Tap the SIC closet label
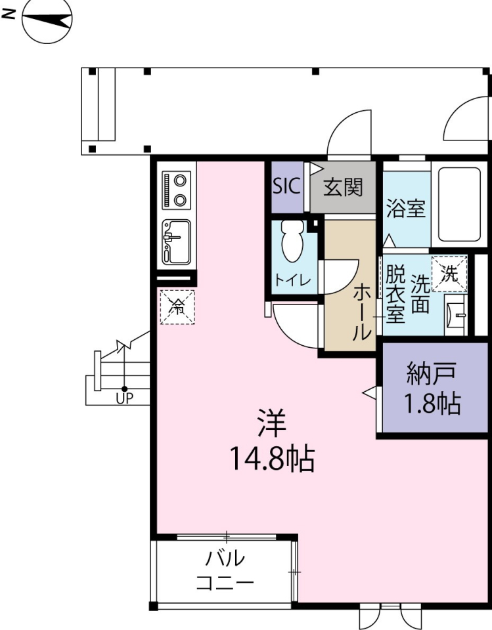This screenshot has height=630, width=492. pyautogui.click(x=286, y=186)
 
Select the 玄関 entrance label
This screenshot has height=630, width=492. pyautogui.click(x=342, y=188)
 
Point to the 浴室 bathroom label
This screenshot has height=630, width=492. pyautogui.click(x=405, y=209)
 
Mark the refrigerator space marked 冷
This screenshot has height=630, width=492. pyautogui.click(x=177, y=306)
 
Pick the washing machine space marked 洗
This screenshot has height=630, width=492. pyautogui.click(x=449, y=273)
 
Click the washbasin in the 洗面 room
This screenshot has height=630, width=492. pyautogui.click(x=456, y=315)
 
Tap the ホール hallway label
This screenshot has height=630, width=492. pyautogui.click(x=362, y=312)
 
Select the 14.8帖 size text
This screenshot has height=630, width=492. pyautogui.click(x=271, y=459)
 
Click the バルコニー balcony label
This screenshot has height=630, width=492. pyautogui.click(x=225, y=570)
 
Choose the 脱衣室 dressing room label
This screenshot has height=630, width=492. pyautogui.click(x=395, y=293)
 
